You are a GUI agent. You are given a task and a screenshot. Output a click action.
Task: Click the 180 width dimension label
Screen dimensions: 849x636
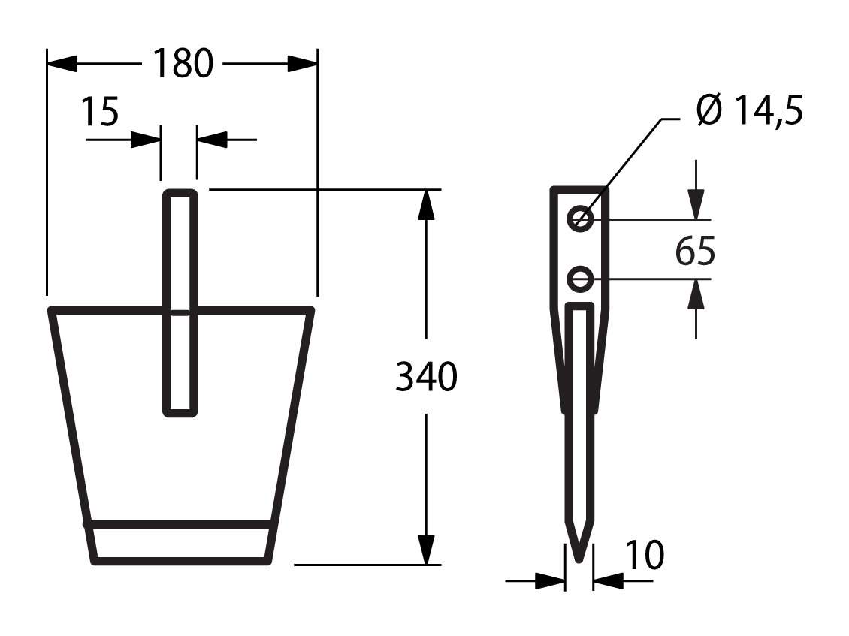click(183, 64)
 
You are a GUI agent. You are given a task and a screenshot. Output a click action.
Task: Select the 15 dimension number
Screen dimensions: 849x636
click(100, 112)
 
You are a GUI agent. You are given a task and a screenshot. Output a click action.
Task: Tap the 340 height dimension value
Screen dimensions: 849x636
click(426, 377)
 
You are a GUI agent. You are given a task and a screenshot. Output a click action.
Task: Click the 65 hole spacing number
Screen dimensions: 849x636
click(695, 251)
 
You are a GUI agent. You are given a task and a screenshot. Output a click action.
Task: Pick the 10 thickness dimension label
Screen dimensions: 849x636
click(645, 555)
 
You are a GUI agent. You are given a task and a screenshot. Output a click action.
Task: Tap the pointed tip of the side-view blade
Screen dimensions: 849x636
click(579, 561)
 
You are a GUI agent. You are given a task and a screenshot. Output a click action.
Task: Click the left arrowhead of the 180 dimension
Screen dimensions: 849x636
click(62, 63)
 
